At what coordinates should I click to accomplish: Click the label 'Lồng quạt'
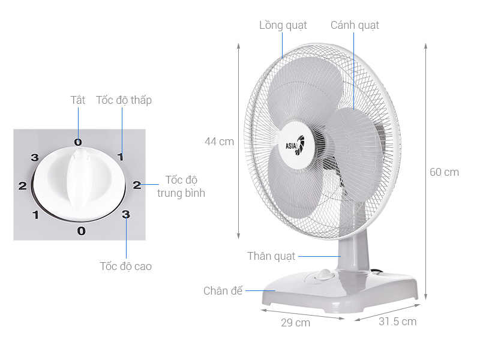point(283,25)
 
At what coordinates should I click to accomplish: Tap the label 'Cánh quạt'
point(355,25)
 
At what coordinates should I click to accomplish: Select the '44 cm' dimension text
point(219,142)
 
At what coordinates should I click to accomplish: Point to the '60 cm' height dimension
point(444,172)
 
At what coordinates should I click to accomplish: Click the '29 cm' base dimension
point(295,323)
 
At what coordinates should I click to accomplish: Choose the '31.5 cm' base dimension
point(397,322)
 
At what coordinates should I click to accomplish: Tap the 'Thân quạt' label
point(271,256)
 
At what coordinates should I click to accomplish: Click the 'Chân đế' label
point(223,290)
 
